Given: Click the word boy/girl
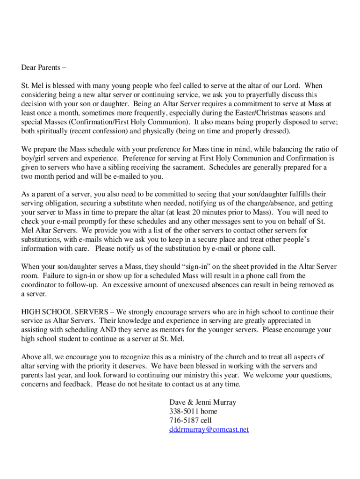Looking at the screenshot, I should coord(33,158).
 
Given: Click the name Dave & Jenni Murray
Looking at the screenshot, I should coord(202,403).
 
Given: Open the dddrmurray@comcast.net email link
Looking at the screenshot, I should coord(209,429).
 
